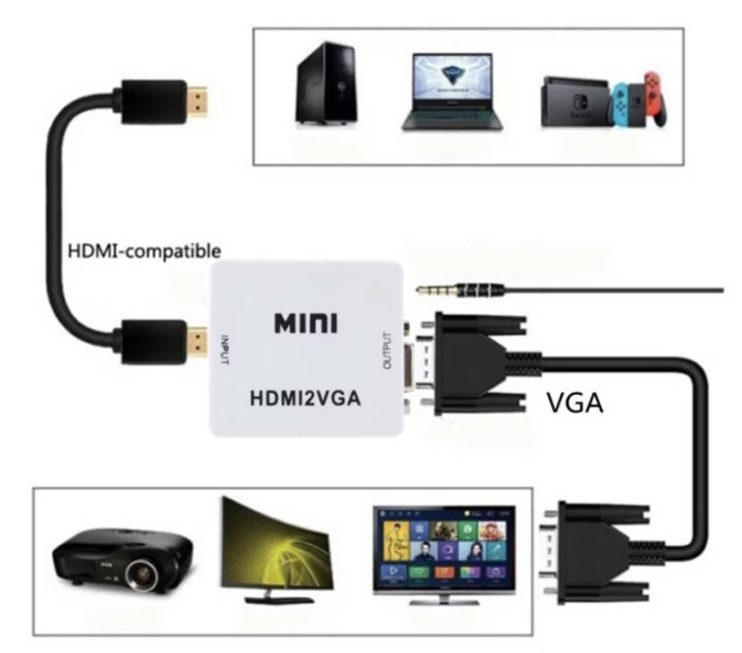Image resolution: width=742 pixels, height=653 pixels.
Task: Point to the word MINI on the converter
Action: pyautogui.click(x=306, y=322)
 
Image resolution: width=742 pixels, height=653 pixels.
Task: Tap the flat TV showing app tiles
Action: pyautogui.click(x=444, y=548)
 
